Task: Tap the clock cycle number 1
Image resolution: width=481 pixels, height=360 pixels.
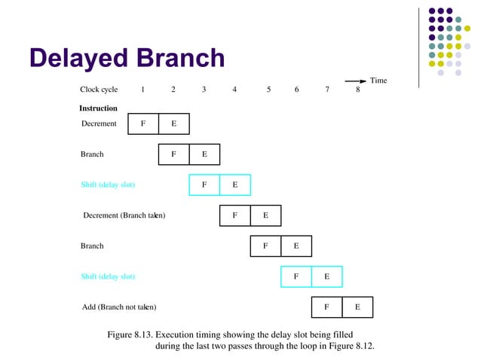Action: [142, 90]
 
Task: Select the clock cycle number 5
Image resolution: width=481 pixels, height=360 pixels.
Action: [268, 90]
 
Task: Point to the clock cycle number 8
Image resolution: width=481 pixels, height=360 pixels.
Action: [357, 90]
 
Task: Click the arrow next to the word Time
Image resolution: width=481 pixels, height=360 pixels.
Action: [355, 81]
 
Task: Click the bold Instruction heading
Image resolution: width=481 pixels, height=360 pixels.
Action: [98, 108]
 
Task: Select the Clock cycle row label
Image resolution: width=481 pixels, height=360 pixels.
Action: [99, 90]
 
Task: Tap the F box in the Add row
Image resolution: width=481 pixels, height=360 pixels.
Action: [326, 307]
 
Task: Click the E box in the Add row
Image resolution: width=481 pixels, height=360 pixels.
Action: [357, 307]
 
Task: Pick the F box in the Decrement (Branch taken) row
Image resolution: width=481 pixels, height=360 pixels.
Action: [234, 215]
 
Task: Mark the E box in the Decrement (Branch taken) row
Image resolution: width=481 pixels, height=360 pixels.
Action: [265, 215]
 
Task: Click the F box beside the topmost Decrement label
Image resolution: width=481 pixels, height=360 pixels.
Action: [143, 124]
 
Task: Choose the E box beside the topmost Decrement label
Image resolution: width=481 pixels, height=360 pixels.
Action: [173, 124]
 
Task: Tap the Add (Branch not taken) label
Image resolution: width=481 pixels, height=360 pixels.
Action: [118, 307]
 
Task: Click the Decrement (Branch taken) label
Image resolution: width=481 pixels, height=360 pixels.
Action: [124, 215]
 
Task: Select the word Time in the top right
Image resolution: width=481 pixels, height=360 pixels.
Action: [378, 81]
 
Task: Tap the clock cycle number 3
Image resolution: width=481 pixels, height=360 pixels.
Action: [204, 90]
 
